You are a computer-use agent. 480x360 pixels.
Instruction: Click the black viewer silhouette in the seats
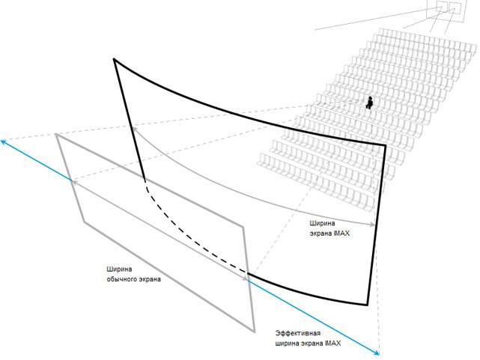pos(368,103)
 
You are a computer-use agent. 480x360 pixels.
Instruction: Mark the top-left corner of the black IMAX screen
pos(114,58)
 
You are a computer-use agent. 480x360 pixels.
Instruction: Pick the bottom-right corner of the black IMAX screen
pos(368,304)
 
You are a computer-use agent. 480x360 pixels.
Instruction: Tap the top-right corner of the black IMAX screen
pos(385,144)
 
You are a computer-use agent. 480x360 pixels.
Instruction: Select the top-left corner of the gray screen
pos(57,134)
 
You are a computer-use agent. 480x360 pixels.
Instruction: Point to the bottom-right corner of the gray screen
pos(256,329)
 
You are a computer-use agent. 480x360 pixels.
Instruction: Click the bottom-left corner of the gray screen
pos(83,222)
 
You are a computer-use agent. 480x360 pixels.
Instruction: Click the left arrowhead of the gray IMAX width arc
pos(133,129)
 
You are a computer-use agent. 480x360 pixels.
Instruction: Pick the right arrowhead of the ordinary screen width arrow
pos(249,279)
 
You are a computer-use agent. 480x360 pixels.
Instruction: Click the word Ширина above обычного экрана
pos(119,268)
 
